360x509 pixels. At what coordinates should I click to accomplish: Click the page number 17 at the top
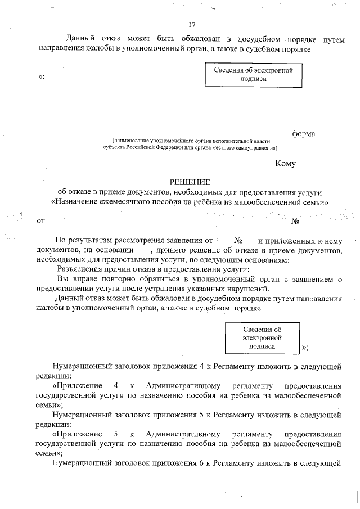(192, 25)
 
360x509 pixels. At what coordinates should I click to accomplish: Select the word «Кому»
(285, 164)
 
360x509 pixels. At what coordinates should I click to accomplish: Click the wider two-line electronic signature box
(250, 74)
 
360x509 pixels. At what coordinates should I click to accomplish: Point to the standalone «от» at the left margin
(40, 221)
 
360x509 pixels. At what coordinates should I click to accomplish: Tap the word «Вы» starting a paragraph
(63, 279)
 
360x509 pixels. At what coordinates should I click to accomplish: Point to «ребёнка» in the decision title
(224, 201)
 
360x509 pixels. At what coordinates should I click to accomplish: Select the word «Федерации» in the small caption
(167, 148)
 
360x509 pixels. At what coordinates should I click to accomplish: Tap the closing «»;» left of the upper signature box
(41, 77)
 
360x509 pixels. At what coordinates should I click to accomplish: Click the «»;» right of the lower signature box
(305, 347)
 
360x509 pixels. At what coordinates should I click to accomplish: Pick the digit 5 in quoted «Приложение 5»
(115, 434)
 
